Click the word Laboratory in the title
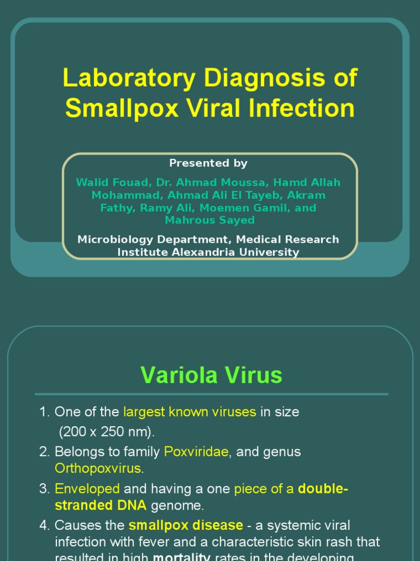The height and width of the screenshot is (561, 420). point(129,78)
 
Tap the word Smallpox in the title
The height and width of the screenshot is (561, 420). point(121,108)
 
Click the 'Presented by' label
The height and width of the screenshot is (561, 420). point(208,163)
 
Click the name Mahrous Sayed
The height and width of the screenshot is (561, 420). point(210,220)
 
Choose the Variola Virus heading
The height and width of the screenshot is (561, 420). point(211,375)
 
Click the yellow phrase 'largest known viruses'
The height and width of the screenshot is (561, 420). point(190,412)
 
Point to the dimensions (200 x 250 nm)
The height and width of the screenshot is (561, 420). point(107,432)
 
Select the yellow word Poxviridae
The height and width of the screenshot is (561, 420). point(196,452)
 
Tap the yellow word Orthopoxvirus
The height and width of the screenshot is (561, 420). point(98,468)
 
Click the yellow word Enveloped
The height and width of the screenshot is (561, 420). point(87,489)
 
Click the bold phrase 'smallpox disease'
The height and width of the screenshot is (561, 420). point(186,525)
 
